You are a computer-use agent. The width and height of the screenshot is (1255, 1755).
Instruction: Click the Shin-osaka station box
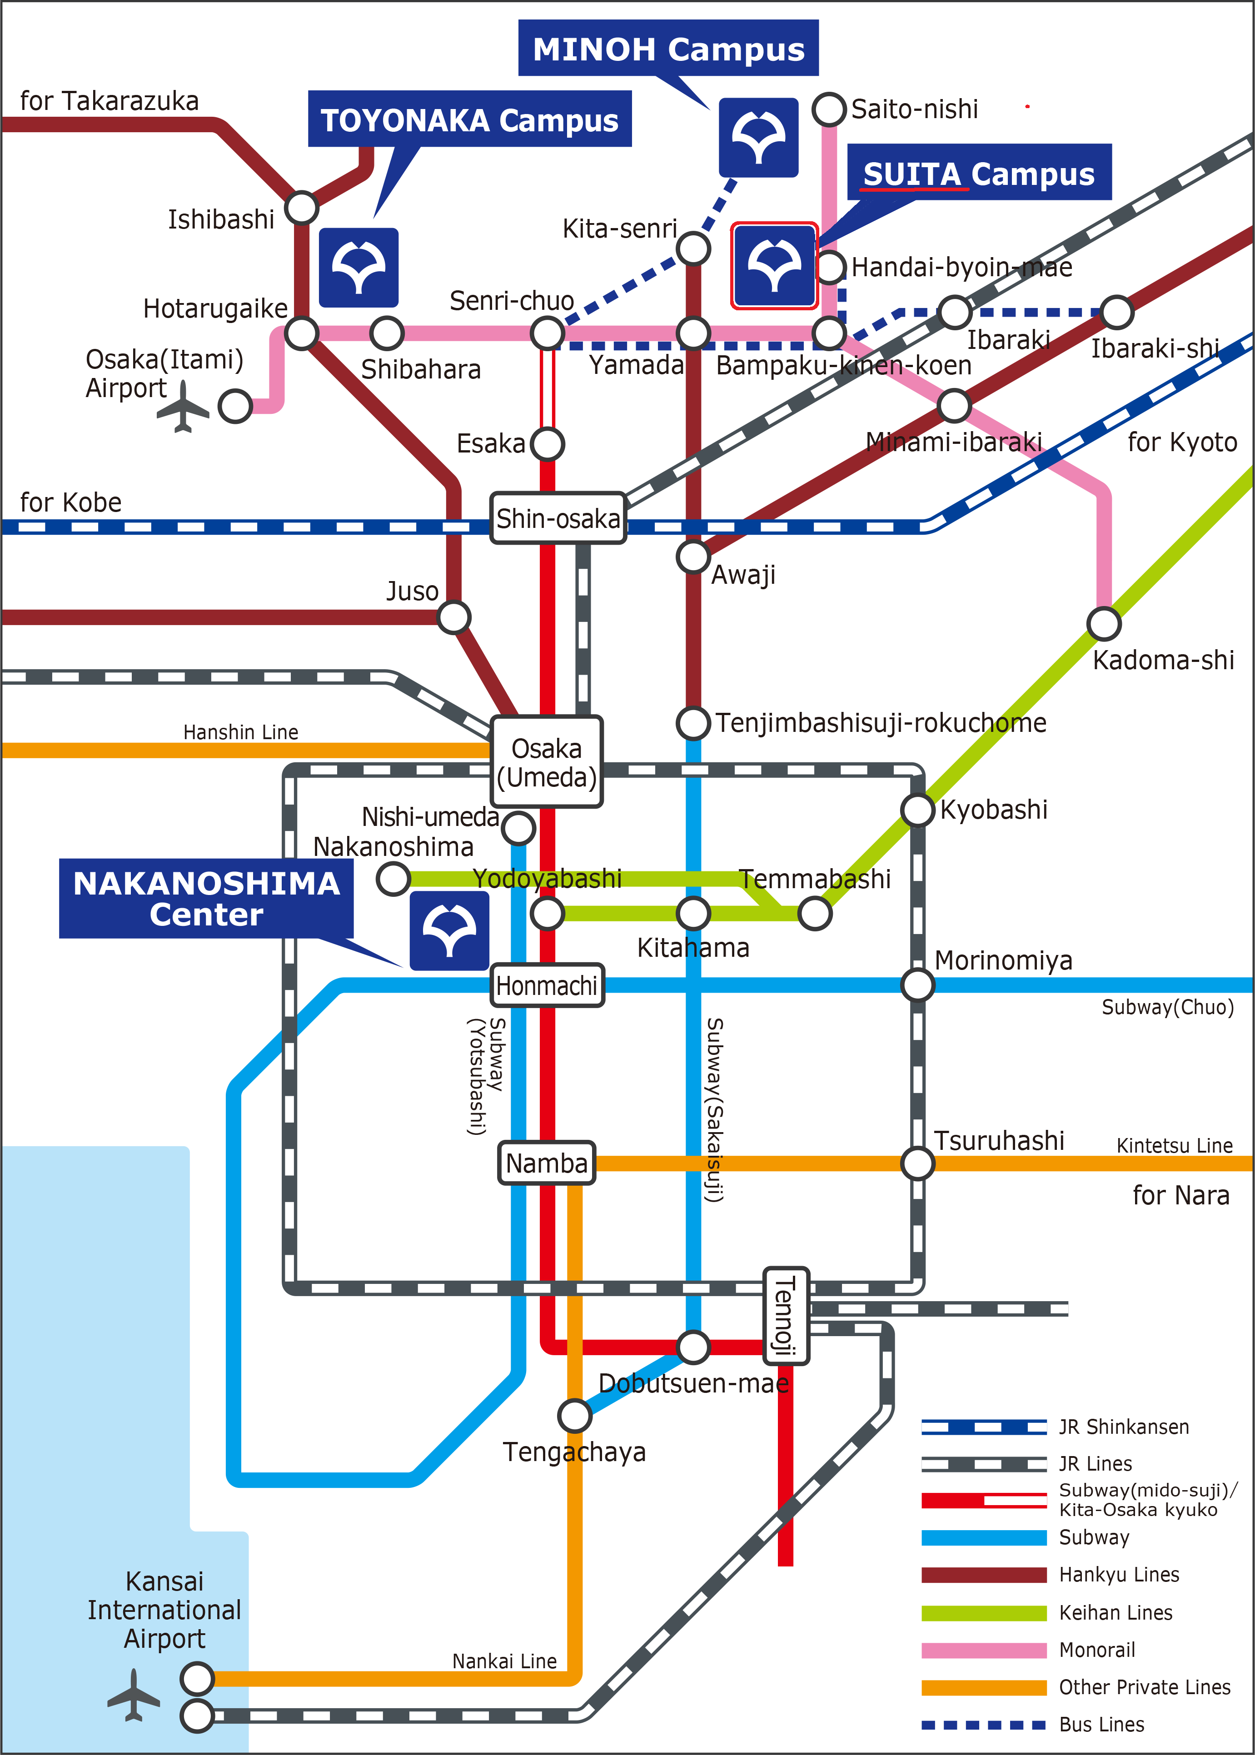tap(558, 518)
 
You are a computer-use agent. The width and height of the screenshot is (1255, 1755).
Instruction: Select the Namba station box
tap(546, 1163)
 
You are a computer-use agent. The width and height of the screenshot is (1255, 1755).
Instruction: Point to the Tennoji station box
tap(786, 1316)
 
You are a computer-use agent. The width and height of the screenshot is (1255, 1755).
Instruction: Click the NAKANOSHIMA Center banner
tap(206, 898)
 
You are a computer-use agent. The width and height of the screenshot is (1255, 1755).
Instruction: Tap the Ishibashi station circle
tap(301, 208)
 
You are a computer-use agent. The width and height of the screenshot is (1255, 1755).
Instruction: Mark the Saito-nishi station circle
tap(829, 109)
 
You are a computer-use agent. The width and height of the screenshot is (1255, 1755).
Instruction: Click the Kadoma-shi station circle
tap(1104, 623)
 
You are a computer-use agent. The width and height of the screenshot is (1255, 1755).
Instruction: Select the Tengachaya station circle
tap(574, 1415)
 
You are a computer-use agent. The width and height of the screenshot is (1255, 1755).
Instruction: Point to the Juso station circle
tap(453, 617)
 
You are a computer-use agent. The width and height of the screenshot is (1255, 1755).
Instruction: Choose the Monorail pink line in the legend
tap(984, 1650)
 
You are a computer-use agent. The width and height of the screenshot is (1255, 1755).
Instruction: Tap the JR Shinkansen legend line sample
tap(984, 1427)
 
